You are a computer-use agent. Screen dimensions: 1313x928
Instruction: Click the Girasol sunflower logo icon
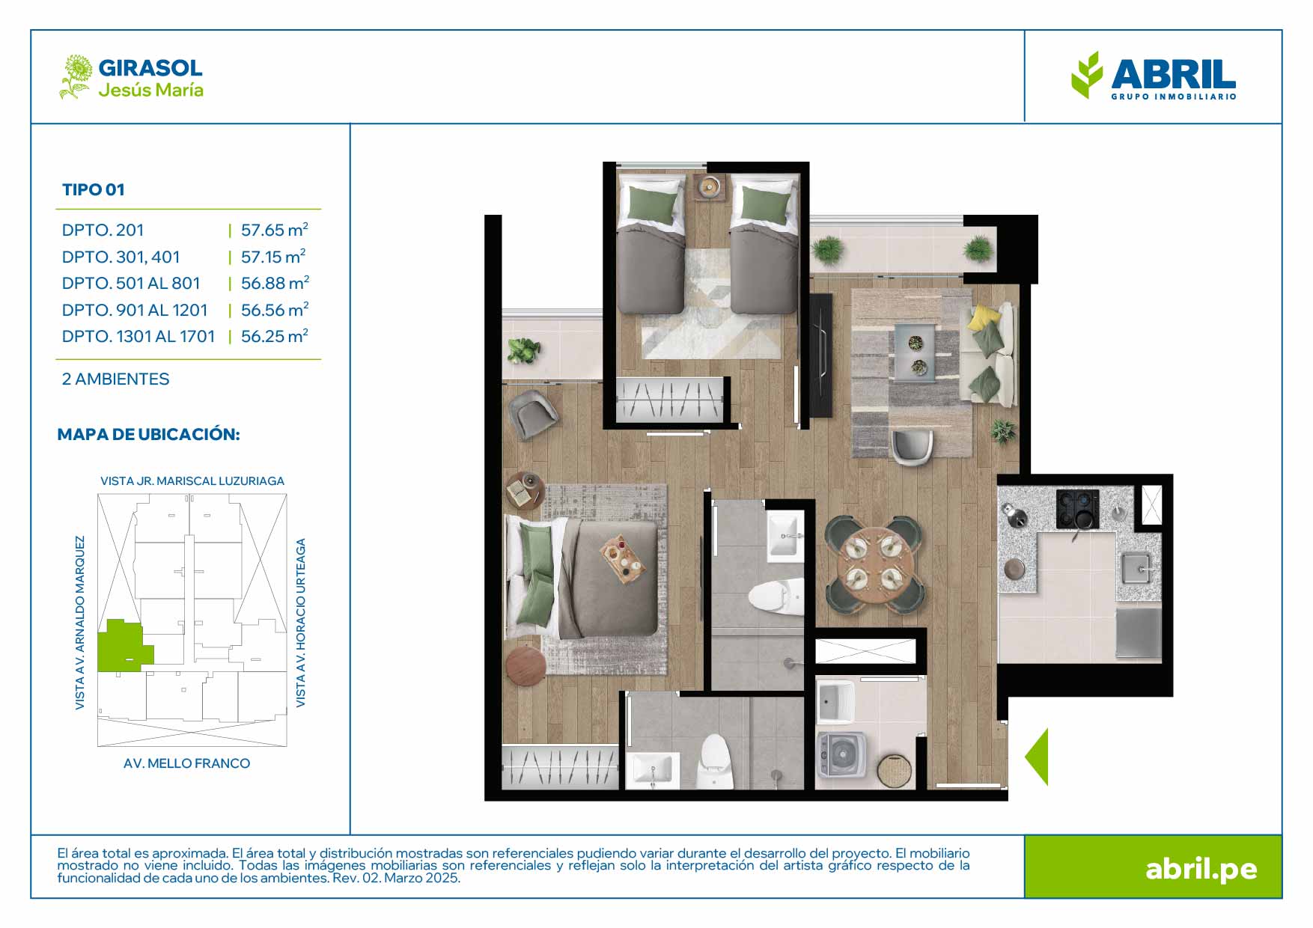point(76,76)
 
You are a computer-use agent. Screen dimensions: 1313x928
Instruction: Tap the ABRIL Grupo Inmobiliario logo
point(1154,76)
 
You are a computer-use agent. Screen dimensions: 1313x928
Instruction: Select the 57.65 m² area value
point(275,230)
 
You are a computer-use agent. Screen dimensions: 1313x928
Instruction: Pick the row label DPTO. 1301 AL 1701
point(138,337)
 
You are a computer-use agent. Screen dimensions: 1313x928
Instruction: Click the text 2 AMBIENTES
point(116,379)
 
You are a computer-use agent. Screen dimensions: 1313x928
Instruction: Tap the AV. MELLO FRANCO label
point(187,763)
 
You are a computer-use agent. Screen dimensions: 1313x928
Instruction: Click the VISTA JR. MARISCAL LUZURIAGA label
point(192,481)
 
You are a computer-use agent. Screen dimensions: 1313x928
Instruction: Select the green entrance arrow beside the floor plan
point(1037,757)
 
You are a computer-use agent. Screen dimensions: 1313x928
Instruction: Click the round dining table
point(874,566)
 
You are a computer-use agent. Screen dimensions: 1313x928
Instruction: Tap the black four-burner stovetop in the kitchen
point(1077,509)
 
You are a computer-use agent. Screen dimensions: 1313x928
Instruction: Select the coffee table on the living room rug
point(915,352)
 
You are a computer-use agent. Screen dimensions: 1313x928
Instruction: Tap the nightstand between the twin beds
point(708,186)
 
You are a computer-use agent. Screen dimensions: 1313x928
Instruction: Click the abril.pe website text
point(1201,869)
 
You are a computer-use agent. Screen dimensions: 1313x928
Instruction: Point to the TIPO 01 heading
point(94,190)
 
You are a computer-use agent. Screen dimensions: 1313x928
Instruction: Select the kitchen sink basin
point(1138,569)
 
